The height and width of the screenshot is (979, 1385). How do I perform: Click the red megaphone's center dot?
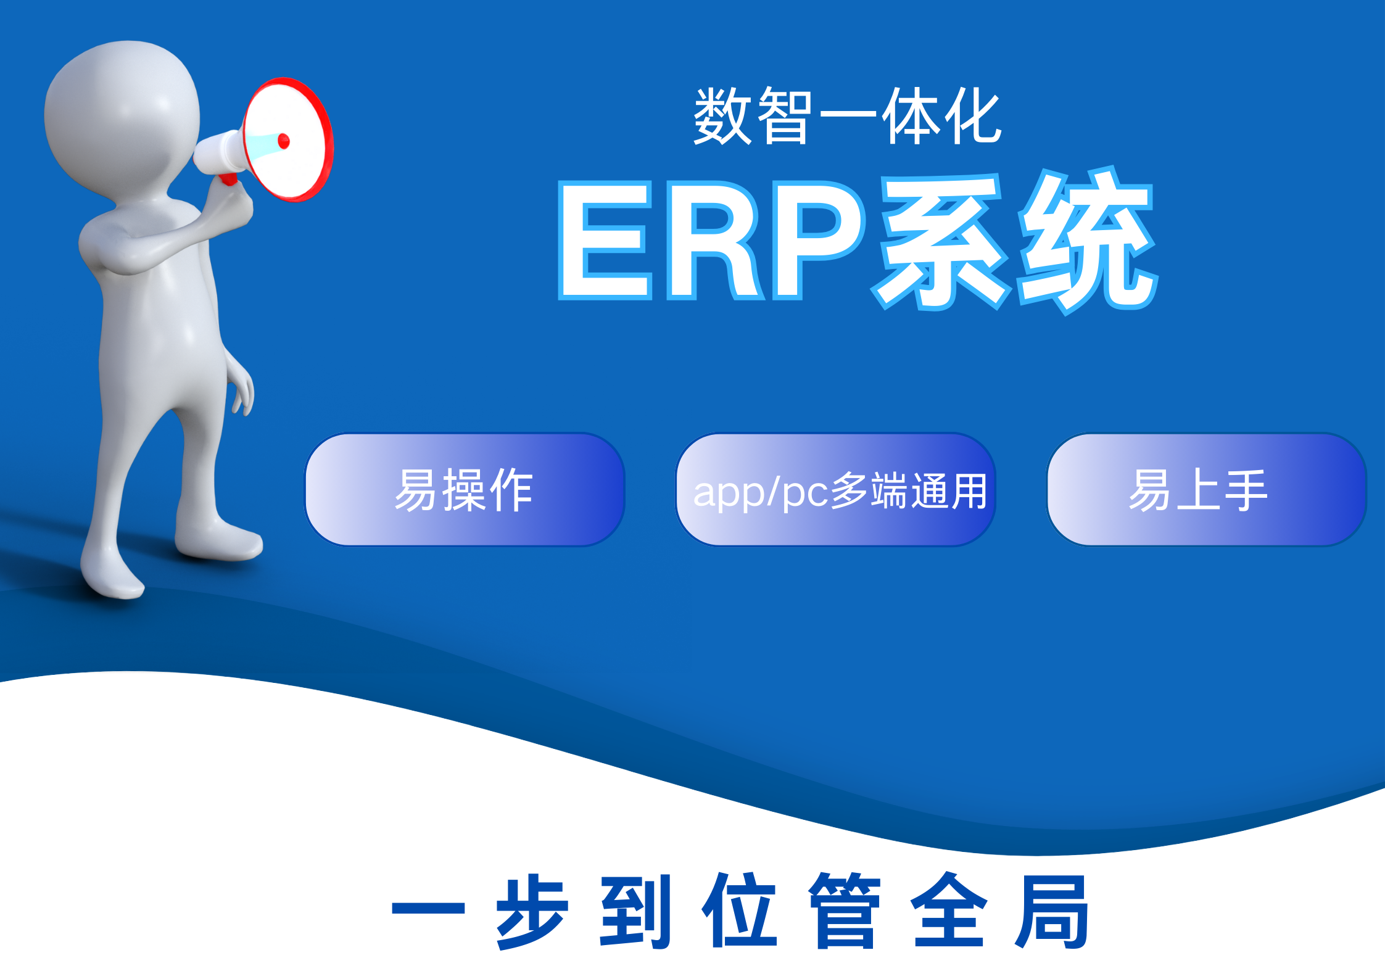[284, 141]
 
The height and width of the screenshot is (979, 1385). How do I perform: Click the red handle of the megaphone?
[228, 179]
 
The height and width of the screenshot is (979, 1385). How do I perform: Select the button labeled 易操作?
[465, 490]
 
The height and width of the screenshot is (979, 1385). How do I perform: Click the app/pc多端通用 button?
[836, 490]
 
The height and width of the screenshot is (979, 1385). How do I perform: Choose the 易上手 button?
[1207, 490]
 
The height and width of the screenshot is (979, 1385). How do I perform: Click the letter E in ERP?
[605, 239]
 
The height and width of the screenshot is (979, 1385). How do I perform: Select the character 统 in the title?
[1088, 241]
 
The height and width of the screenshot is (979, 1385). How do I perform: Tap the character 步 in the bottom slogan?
[532, 911]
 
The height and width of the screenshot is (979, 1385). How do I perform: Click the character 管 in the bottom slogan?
[845, 911]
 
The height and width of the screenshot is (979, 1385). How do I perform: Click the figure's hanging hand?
[242, 390]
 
